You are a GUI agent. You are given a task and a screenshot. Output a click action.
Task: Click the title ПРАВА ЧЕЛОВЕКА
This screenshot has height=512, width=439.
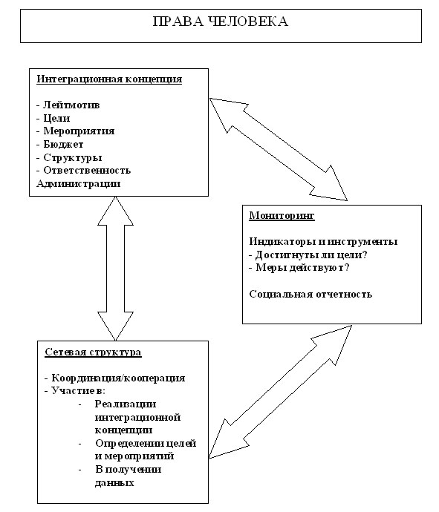coord(221,22)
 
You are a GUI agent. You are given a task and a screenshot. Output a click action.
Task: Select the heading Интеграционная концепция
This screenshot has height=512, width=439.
coord(109,79)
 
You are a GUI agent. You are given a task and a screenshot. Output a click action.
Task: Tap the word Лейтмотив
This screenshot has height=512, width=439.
coord(71,105)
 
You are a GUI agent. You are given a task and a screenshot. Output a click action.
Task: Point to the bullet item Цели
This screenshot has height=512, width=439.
coord(56,118)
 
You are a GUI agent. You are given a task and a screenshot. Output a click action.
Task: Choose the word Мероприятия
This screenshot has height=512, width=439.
coord(79,131)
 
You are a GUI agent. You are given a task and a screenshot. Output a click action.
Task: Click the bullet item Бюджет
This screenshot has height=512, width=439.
coord(63,144)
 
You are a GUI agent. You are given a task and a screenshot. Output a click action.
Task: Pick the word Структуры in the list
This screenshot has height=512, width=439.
coord(73,157)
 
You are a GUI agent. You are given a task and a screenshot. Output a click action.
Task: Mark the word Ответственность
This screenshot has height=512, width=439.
coord(87,170)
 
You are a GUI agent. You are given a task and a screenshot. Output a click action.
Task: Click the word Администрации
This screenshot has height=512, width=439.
coord(79,183)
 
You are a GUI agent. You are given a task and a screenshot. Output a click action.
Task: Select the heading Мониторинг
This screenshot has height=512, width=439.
coord(282,215)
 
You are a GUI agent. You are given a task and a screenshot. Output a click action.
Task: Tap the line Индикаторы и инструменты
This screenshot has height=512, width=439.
coord(323,241)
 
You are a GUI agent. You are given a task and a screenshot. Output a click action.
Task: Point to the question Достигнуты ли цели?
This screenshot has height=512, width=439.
coord(311,255)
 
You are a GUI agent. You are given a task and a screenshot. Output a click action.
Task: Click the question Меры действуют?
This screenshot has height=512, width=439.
coord(302,267)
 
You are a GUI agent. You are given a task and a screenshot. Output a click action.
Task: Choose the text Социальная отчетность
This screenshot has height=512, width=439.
coord(310,294)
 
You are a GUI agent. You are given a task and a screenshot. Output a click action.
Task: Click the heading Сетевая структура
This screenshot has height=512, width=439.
coord(93,352)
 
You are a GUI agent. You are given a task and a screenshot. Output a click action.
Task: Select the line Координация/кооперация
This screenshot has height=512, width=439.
coord(118,378)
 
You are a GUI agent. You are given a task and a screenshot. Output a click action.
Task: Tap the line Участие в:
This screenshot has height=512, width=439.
coord(79,390)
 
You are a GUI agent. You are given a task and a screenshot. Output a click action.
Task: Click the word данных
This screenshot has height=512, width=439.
coord(114,482)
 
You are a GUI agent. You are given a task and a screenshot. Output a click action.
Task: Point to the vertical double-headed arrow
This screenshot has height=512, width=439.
coord(115,269)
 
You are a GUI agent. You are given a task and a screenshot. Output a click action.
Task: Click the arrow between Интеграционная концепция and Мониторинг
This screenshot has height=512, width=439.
coord(278,149)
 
